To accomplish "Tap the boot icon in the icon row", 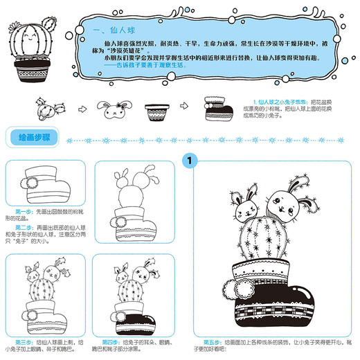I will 212,109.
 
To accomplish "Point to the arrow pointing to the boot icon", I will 185,109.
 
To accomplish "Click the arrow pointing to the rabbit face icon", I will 82,109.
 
